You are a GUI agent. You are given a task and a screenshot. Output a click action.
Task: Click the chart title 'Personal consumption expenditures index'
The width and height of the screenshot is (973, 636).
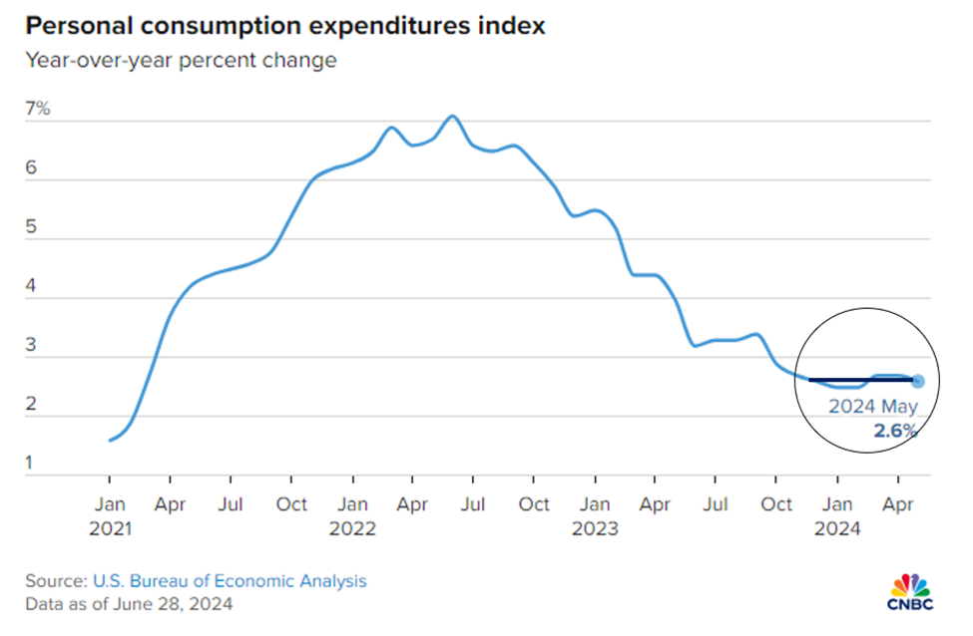click(x=285, y=26)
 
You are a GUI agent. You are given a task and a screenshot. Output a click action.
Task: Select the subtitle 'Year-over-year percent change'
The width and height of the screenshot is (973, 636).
click(x=181, y=61)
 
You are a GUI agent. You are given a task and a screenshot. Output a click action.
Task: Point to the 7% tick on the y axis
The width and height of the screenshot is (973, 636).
click(x=38, y=108)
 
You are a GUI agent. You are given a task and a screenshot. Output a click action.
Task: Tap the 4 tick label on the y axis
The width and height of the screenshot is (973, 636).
click(x=31, y=285)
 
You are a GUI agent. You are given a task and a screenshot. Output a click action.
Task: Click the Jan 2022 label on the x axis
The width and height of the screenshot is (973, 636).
click(x=352, y=516)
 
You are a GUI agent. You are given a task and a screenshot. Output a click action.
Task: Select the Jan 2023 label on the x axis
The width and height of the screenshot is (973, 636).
click(x=595, y=516)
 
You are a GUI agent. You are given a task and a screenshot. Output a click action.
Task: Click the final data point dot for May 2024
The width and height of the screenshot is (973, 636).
click(x=918, y=381)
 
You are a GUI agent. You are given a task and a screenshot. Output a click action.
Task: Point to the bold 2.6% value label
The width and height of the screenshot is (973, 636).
click(x=896, y=430)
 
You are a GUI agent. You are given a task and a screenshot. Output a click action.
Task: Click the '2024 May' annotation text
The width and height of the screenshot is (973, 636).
click(x=872, y=407)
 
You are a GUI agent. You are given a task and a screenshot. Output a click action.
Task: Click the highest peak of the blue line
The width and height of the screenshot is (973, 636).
click(x=453, y=117)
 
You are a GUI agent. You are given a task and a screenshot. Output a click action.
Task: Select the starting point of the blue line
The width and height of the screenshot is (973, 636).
click(x=109, y=440)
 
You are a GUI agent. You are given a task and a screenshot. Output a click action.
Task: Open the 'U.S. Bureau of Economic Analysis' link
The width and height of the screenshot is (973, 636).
click(x=230, y=580)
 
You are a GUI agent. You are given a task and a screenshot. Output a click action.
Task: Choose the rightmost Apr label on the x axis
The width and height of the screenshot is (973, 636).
click(x=899, y=504)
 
